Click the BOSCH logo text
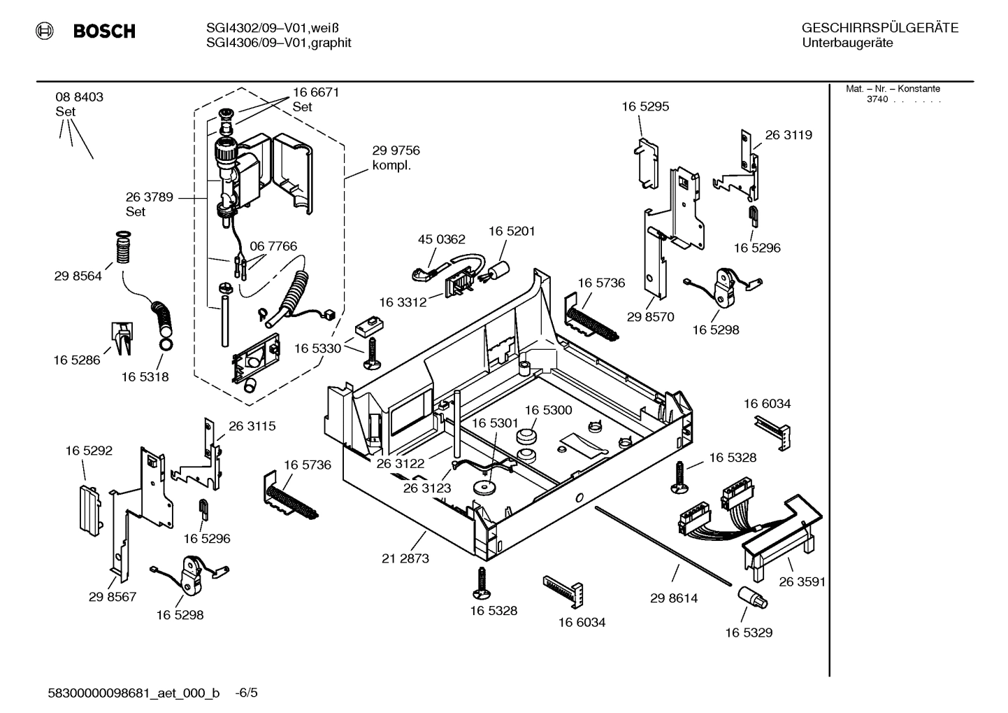[x=103, y=31]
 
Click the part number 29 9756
[x=396, y=150]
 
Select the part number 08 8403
[x=79, y=97]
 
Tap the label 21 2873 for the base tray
[x=405, y=558]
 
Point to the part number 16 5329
[x=748, y=633]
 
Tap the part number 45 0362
[x=441, y=239]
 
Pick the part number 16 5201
[x=512, y=231]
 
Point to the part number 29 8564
[x=78, y=276]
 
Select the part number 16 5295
[x=645, y=106]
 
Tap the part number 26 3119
[x=789, y=135]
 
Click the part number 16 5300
[x=548, y=410]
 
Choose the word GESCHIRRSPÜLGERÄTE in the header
[x=879, y=29]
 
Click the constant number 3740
[x=877, y=99]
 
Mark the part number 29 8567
[x=113, y=597]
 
